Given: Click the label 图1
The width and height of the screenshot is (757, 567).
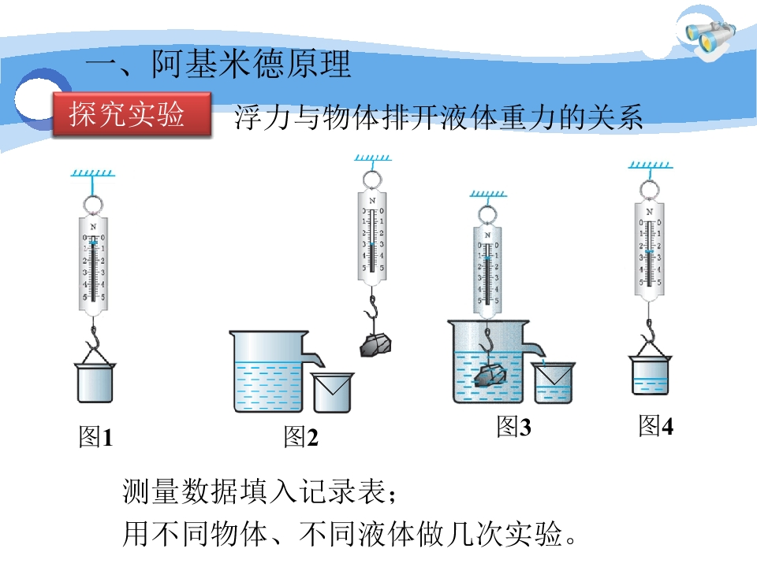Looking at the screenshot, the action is (95, 437).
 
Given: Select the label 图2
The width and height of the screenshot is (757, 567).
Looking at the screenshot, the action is (300, 437).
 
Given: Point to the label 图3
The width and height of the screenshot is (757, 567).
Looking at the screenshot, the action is (513, 427).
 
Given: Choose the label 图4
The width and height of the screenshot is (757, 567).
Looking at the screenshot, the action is (655, 426).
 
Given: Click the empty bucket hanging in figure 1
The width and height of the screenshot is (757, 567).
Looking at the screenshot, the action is (95, 383).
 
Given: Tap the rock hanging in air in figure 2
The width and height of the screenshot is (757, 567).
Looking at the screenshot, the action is (375, 344).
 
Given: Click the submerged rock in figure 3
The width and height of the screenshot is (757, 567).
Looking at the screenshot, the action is (490, 375).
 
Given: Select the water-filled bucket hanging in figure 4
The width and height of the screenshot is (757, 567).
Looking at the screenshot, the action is (650, 375).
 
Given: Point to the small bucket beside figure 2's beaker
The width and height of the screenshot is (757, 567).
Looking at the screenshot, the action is (332, 392).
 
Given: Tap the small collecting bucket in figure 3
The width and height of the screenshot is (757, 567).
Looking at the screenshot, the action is (554, 383).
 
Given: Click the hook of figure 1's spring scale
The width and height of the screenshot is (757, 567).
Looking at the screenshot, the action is (94, 336).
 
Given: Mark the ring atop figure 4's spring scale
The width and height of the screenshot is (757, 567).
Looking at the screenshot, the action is (649, 190).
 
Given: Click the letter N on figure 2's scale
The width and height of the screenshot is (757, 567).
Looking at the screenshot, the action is (371, 200).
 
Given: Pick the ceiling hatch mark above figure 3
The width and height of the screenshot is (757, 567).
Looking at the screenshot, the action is (488, 194).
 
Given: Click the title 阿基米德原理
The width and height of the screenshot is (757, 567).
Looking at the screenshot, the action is (251, 64).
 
